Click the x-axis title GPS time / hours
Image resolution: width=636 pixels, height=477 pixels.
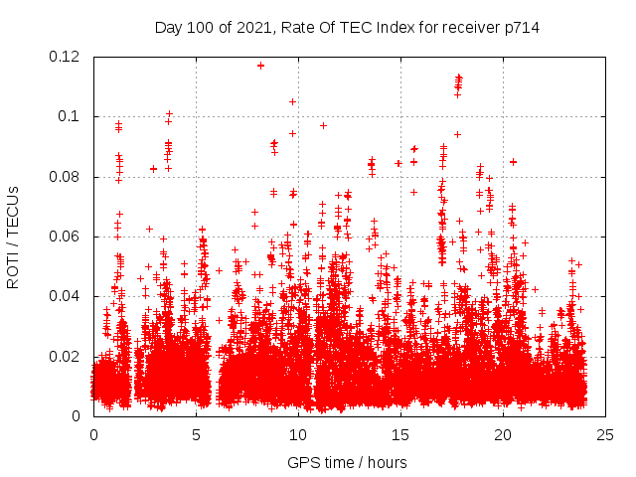(347, 462)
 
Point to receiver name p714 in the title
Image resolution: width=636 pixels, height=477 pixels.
(520, 28)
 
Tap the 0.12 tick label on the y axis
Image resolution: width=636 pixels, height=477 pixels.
(67, 57)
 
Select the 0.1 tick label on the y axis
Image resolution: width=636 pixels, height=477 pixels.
(72, 116)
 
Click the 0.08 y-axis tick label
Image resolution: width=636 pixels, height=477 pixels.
(67, 177)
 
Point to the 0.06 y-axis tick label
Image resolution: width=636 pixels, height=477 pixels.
(67, 237)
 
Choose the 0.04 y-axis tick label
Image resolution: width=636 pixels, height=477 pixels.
(67, 296)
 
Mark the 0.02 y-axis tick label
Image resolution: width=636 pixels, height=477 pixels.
(67, 356)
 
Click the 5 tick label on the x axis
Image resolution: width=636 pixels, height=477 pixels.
(196, 434)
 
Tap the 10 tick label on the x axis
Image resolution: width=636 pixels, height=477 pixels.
(298, 434)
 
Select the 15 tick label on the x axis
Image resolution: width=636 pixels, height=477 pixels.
(400, 434)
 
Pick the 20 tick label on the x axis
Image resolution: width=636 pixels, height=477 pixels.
(503, 434)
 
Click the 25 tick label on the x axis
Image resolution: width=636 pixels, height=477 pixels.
(605, 434)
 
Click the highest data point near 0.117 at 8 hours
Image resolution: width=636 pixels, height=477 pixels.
(260, 66)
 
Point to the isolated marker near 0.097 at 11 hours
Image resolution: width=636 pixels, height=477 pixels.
(323, 125)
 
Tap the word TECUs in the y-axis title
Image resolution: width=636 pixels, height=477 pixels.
(13, 212)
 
